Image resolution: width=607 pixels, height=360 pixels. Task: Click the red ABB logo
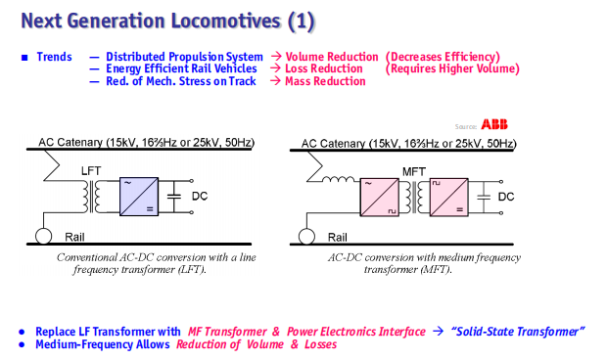(x=494, y=124)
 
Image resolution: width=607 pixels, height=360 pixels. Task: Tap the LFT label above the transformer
(x=91, y=171)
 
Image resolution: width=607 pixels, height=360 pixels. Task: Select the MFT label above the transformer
(x=414, y=172)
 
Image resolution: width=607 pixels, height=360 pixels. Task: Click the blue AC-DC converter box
(x=139, y=197)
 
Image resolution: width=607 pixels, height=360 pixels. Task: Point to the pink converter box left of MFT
(x=380, y=198)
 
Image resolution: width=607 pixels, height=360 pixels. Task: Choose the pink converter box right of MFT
(x=448, y=198)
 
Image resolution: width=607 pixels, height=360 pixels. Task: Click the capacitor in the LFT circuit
(x=174, y=197)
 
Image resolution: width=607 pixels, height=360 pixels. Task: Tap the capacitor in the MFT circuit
(x=484, y=198)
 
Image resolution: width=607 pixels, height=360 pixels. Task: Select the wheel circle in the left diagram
(x=43, y=236)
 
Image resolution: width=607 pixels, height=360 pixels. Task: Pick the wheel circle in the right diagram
(x=306, y=237)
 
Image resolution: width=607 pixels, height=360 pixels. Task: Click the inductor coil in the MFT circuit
(x=338, y=179)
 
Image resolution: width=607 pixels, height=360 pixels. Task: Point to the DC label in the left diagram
(x=200, y=196)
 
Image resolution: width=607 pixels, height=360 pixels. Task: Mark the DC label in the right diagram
(x=506, y=197)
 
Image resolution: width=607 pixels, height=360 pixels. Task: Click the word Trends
(x=54, y=57)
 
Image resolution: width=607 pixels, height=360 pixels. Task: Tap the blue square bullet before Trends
(x=24, y=58)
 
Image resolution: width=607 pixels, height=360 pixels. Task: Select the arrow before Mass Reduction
(x=276, y=81)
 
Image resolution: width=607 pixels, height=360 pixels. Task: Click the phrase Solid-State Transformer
(x=518, y=332)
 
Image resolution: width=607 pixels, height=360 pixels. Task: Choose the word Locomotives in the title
(x=226, y=21)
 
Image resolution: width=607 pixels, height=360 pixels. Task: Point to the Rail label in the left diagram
(x=74, y=237)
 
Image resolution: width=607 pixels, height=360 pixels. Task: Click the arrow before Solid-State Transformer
(x=438, y=332)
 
